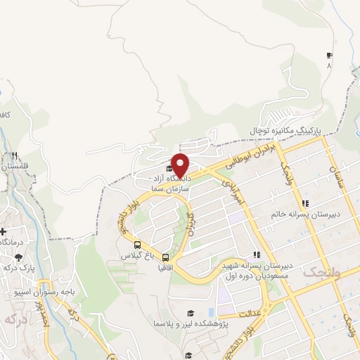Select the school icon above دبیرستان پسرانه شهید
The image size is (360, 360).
coord(256,255)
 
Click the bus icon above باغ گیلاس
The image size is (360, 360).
coord(137,245)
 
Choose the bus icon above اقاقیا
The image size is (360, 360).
coord(165,257)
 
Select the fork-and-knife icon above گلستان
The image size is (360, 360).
coord(14,156)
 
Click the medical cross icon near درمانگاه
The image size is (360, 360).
coord(3,231)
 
